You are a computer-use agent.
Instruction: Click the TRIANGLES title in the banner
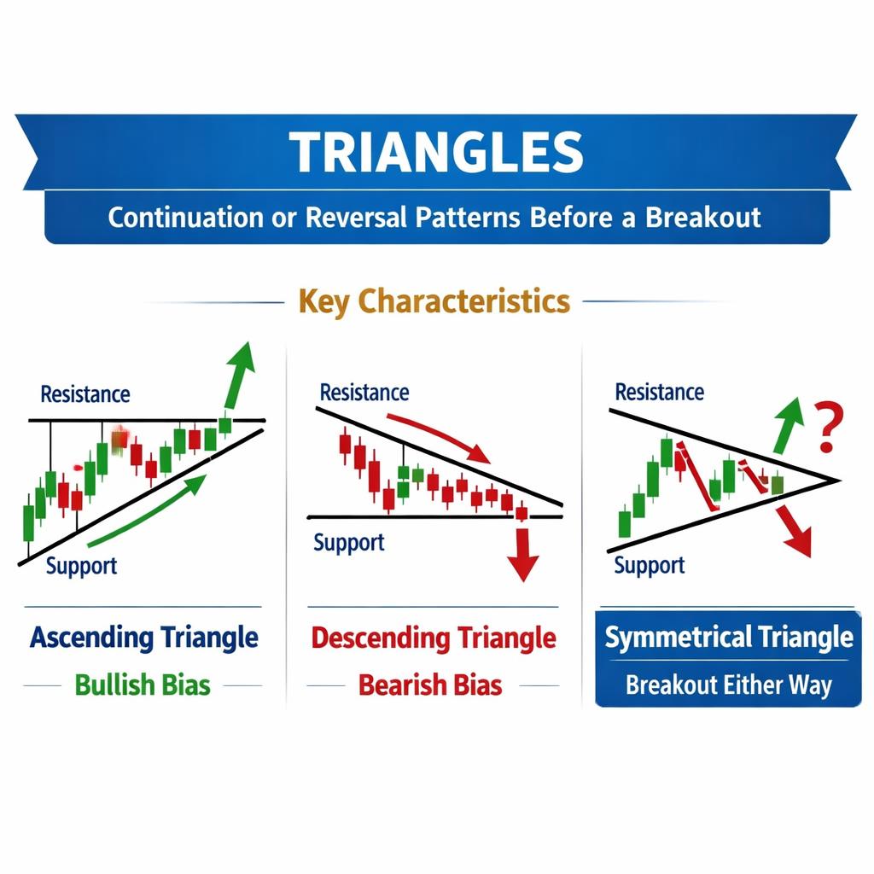(x=436, y=152)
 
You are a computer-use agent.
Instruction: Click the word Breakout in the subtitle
(x=702, y=217)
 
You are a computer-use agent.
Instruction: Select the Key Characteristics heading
(x=434, y=301)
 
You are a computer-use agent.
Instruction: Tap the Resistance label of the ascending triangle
(x=85, y=394)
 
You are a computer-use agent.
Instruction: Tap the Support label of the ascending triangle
(x=80, y=566)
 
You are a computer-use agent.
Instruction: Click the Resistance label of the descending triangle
(x=364, y=393)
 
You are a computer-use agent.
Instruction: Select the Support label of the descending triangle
(x=349, y=542)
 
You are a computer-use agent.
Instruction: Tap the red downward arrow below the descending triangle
(x=521, y=555)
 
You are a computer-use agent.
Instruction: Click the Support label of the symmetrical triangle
(x=650, y=565)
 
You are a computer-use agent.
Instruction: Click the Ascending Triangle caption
(x=143, y=638)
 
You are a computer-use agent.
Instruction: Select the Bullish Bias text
(x=142, y=685)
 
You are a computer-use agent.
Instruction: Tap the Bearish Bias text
(x=430, y=685)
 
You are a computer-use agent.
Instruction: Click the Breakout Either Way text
(x=728, y=685)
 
